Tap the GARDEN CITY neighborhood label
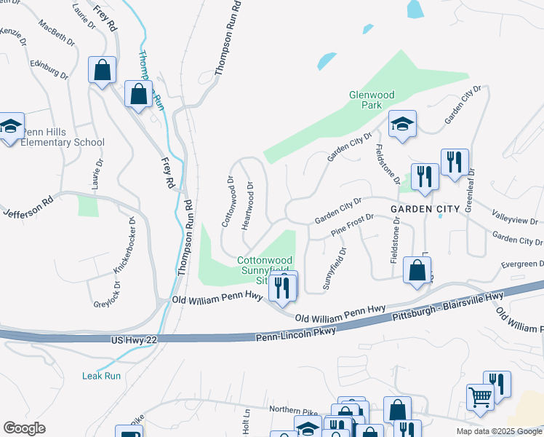[425, 209]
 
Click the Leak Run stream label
[101, 376]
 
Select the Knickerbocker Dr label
[124, 245]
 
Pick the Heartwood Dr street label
[248, 205]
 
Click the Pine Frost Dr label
[352, 225]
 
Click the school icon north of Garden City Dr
[401, 124]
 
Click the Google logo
[24, 428]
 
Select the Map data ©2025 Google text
[498, 431]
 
